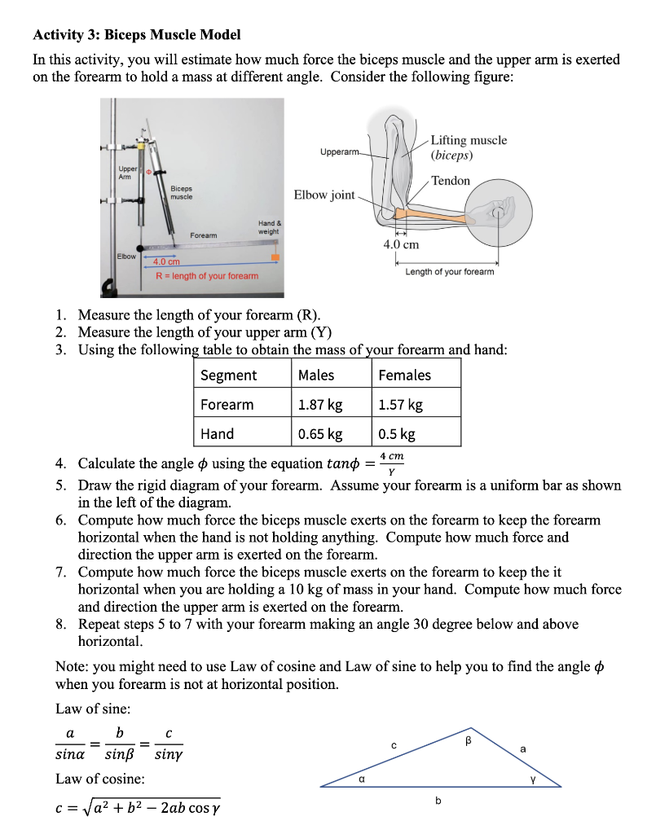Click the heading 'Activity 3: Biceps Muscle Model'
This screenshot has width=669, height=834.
(136, 35)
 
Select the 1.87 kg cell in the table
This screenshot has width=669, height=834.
(320, 405)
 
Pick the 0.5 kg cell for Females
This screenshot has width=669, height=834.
(397, 434)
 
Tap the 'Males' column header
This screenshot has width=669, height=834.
(316, 375)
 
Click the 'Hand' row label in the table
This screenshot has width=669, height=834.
(217, 434)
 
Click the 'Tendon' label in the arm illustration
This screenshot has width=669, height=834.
(450, 181)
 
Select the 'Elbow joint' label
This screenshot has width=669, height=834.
(324, 195)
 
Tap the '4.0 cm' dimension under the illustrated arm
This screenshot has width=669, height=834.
(401, 244)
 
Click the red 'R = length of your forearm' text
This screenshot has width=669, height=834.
(207, 276)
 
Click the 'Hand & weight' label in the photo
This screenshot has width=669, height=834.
(268, 227)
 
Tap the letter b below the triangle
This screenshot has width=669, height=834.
(438, 801)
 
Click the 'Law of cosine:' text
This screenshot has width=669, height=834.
(100, 779)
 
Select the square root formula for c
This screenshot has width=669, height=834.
(137, 809)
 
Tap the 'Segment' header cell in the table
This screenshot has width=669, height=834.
(228, 375)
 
